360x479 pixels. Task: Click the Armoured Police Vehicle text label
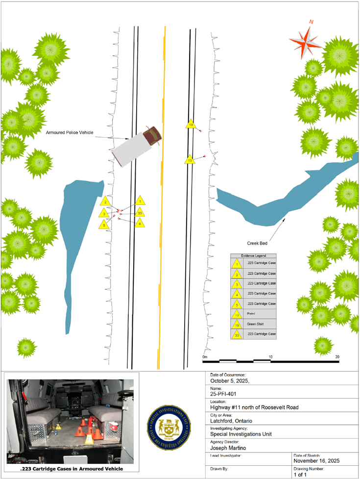(70, 133)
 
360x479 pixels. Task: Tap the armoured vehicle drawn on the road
(137, 146)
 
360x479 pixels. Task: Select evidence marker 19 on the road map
(191, 125)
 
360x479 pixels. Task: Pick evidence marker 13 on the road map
(190, 160)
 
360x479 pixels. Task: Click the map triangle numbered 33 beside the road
(140, 213)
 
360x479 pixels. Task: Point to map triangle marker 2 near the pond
(104, 202)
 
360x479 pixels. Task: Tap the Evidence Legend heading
(253, 256)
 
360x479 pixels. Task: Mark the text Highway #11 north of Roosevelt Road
(254, 407)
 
